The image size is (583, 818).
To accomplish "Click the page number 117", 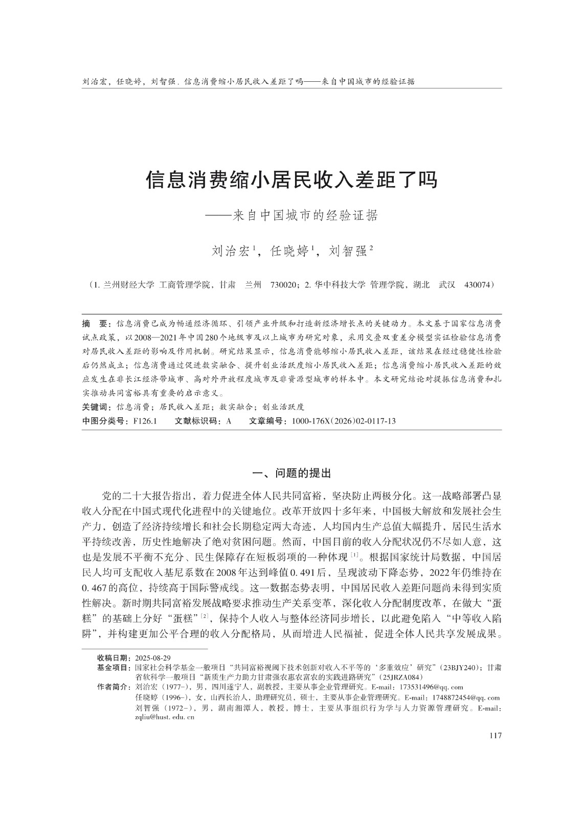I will point(495,735).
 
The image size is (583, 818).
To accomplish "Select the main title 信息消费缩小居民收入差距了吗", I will point(291,180).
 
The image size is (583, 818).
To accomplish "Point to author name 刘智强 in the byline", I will point(348,251).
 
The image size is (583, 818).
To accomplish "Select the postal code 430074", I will point(478,285).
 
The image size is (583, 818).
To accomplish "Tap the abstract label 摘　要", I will point(95,324).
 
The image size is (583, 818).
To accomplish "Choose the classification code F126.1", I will point(145,421).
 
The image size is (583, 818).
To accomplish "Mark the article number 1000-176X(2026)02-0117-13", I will point(343,421).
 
